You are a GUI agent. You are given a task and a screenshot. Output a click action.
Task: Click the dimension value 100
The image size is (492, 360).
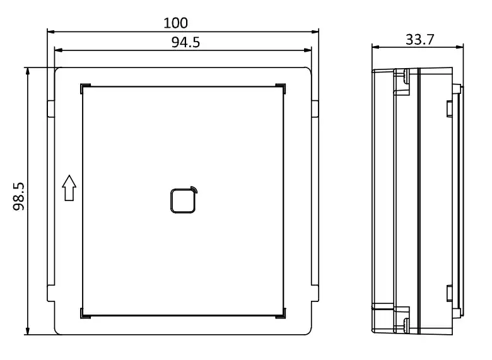point(175,23)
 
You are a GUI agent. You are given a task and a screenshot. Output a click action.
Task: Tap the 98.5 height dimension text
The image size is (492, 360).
point(18,196)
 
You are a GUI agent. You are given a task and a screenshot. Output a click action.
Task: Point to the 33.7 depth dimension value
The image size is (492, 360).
point(419,39)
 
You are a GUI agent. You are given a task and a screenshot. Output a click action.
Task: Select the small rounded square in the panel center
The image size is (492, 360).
point(183,200)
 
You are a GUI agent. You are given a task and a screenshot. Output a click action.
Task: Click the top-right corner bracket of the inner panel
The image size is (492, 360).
point(281,88)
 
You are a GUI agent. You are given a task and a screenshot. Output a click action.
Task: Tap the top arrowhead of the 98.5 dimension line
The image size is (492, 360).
point(28,71)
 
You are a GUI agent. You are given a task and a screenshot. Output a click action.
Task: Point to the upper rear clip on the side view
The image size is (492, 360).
point(448,108)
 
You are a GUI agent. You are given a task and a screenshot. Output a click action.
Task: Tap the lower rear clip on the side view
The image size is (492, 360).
point(448,294)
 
